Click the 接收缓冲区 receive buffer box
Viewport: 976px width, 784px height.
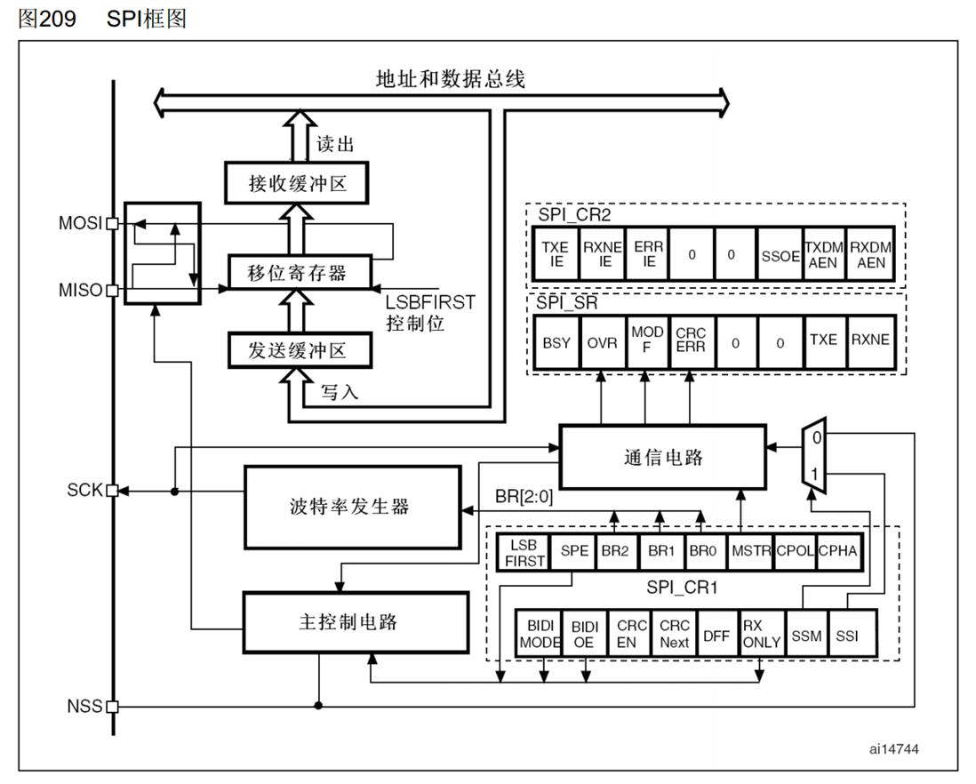(x=296, y=184)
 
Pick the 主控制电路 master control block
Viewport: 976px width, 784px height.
(x=356, y=622)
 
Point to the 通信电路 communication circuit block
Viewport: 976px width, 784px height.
(x=662, y=457)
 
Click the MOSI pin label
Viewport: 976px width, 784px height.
(x=80, y=224)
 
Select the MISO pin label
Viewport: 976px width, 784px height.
(x=80, y=291)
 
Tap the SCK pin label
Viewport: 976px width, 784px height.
(x=84, y=490)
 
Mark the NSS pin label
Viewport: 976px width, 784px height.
(x=84, y=708)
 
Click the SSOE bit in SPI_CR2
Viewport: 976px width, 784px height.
(x=779, y=254)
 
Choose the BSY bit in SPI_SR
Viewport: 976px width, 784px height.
(x=556, y=342)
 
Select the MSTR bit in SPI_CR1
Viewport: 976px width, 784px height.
(x=751, y=551)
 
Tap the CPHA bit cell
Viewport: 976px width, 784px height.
(x=837, y=551)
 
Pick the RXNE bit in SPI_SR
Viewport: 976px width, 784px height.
(x=870, y=340)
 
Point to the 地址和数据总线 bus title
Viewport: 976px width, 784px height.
(x=450, y=79)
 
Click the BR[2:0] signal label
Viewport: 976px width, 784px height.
(x=524, y=498)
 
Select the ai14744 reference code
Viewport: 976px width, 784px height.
(x=894, y=748)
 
